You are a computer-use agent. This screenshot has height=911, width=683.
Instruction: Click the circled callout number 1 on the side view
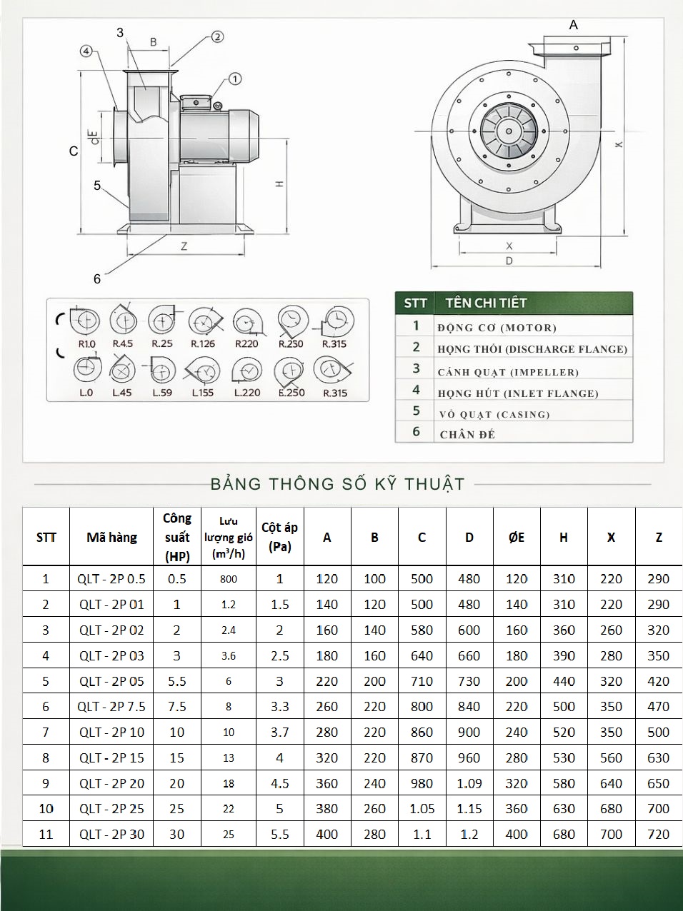click(x=235, y=79)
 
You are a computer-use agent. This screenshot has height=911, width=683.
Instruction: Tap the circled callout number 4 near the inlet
click(x=86, y=51)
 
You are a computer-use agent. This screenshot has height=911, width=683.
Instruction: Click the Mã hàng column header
click(x=111, y=537)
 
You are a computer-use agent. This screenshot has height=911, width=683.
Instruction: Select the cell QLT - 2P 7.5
click(x=111, y=706)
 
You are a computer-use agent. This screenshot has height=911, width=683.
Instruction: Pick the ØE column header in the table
click(x=517, y=537)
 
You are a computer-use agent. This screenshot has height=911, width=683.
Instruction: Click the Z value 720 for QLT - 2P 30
click(x=658, y=834)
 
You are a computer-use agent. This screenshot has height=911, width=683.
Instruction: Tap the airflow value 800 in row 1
click(x=229, y=579)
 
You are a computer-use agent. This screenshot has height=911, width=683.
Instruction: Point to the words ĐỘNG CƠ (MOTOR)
click(x=497, y=328)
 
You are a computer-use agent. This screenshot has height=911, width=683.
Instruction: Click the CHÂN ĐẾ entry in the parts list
click(x=467, y=434)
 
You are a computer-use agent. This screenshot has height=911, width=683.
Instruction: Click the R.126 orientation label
click(x=203, y=343)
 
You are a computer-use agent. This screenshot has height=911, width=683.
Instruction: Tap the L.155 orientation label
click(x=203, y=393)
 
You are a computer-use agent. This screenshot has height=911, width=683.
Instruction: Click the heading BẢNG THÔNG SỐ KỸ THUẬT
click(x=337, y=484)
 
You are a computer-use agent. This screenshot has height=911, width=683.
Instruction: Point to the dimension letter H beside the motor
click(x=280, y=183)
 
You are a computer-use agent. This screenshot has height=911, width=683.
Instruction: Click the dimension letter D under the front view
click(x=509, y=261)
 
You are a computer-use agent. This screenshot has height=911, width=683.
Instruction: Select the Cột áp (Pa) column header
click(x=279, y=537)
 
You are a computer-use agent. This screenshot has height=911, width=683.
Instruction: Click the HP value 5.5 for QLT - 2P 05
click(x=176, y=681)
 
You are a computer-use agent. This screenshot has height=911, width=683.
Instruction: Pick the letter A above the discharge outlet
click(x=573, y=25)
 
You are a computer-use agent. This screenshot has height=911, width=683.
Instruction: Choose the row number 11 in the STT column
click(x=46, y=834)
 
